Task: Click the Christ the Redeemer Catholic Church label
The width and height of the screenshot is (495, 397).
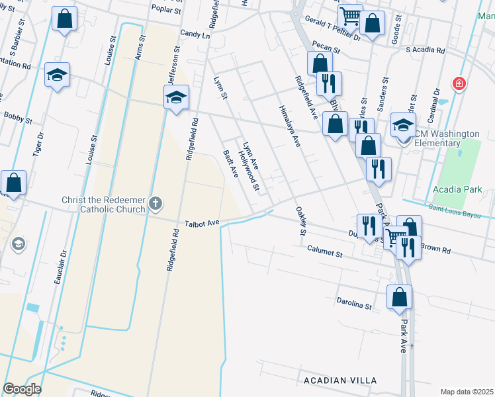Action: [x=103, y=204]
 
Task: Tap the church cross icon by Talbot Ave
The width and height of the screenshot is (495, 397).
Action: [x=156, y=203]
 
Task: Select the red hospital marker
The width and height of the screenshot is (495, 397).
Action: [x=458, y=84]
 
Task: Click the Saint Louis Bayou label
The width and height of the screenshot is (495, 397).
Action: [x=461, y=210]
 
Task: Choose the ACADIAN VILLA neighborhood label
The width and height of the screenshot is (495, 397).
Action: [x=340, y=380]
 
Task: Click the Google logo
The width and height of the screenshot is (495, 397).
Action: [x=22, y=389]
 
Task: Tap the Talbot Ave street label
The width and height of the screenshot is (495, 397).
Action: [x=202, y=224]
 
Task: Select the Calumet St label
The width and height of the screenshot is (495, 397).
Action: [x=325, y=252]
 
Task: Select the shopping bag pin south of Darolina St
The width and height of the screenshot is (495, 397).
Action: [x=400, y=298]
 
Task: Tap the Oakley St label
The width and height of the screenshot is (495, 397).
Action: [x=301, y=221]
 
